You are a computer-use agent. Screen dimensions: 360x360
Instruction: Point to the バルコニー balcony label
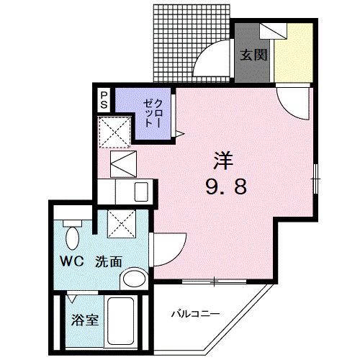(x=194, y=314)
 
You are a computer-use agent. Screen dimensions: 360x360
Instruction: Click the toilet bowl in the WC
(x=72, y=235)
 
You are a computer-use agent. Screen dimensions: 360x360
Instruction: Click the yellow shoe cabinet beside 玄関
(x=294, y=54)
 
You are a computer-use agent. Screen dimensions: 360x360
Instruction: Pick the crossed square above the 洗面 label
(x=120, y=224)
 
